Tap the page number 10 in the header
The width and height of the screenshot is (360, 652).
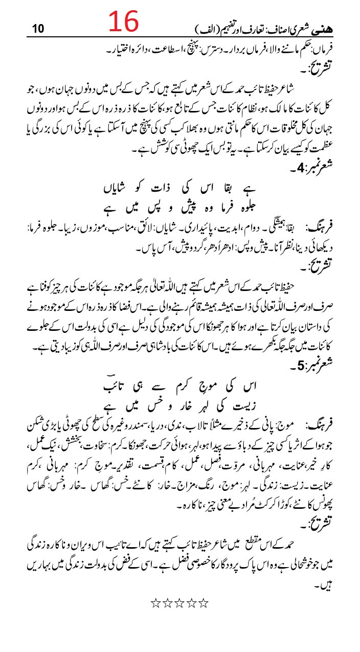pos(38,29)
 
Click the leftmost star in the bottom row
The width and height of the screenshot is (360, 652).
pos(155,603)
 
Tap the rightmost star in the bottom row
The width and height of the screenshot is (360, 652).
pos(204,603)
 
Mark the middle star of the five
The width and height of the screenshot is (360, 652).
pos(179,603)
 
